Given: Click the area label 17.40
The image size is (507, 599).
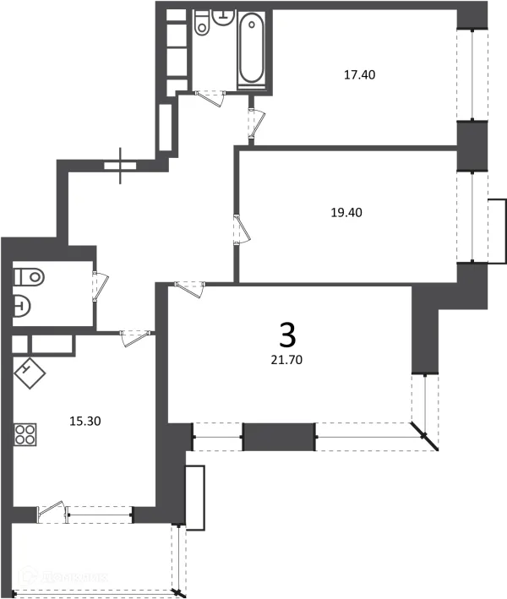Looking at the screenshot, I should tap(359, 74).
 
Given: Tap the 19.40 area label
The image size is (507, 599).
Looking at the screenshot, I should tap(346, 212).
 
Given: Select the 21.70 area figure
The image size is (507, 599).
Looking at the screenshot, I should tap(287, 359).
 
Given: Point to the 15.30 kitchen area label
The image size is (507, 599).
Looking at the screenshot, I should tap(84, 418).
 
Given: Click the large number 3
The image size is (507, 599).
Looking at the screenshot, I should tap(287, 335).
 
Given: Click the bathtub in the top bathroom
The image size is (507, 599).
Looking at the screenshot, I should tap(251, 48).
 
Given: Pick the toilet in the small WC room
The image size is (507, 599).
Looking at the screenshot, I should tap(30, 275).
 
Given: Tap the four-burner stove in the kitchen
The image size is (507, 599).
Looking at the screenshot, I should tap(26, 435).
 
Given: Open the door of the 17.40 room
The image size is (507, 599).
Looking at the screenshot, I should tap(255, 123).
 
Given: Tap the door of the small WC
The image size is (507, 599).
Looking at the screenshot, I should tap(99, 285).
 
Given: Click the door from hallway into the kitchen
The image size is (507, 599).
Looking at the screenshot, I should tap(134, 337).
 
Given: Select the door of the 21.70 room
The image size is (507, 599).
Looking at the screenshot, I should tap(190, 290).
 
